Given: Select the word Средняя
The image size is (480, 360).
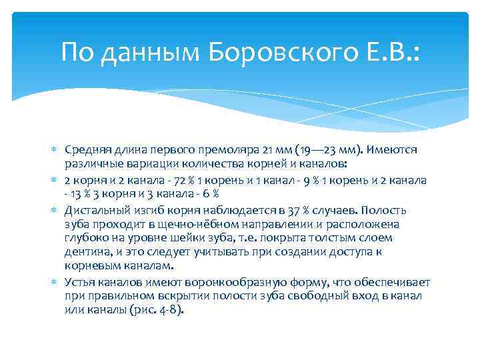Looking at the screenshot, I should point(86,151).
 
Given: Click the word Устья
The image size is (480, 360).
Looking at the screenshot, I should point(79,282).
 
